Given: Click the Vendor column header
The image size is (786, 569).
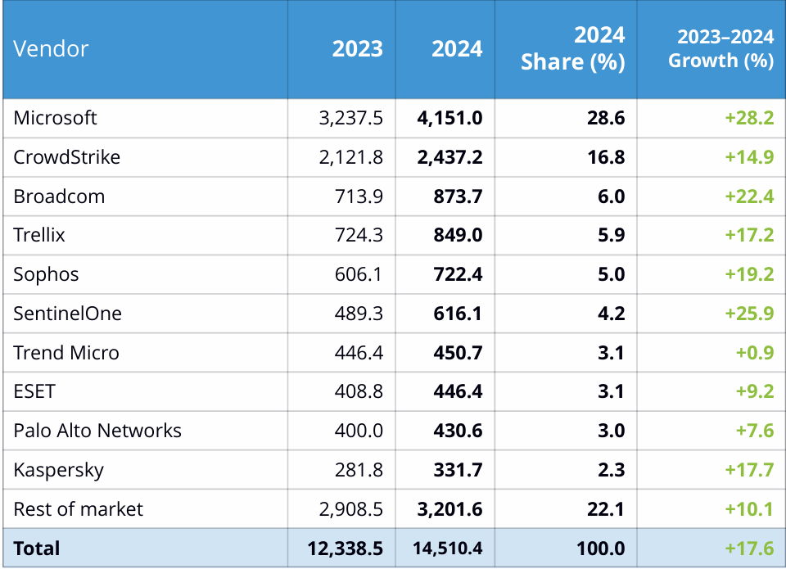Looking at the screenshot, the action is [x=51, y=48].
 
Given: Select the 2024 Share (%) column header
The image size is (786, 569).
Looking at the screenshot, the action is [x=572, y=48].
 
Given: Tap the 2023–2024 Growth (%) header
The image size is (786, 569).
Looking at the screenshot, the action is [x=720, y=48].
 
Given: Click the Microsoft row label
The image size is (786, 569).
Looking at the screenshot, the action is [x=55, y=118].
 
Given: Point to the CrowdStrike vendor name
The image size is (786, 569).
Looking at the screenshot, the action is [x=66, y=157].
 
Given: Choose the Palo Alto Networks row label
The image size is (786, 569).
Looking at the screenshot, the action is [x=97, y=431].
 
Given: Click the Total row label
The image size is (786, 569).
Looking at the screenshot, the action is [x=37, y=549].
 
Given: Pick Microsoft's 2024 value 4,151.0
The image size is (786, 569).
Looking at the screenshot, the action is [x=449, y=118].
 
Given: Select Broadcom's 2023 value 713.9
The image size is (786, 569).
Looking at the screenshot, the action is [x=359, y=196].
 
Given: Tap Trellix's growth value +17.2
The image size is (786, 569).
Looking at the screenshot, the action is [x=749, y=235].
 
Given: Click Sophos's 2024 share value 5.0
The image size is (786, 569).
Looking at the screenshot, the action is [x=611, y=274].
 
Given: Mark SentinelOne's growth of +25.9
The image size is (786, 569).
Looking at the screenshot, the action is [x=749, y=314].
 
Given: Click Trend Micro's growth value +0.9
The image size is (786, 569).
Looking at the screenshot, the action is [x=755, y=352].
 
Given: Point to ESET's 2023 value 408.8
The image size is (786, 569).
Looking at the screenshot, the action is [x=359, y=391].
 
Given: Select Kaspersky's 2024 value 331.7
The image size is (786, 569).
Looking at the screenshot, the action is [x=458, y=470].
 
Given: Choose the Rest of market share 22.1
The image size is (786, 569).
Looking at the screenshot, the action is [x=606, y=509].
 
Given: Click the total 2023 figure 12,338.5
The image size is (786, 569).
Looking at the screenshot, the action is [x=345, y=549].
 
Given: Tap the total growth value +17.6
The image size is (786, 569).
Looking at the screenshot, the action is [x=749, y=549].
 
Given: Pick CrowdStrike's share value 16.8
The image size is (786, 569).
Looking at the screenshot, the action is [x=606, y=157].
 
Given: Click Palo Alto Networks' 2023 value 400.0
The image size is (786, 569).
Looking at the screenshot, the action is [x=359, y=431].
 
